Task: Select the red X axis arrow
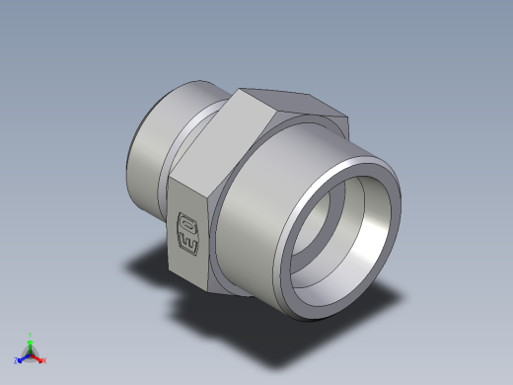click(38, 358)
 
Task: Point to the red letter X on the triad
click(44, 361)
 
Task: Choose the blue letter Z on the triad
click(16, 361)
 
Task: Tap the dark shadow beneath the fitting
click(158, 267)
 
